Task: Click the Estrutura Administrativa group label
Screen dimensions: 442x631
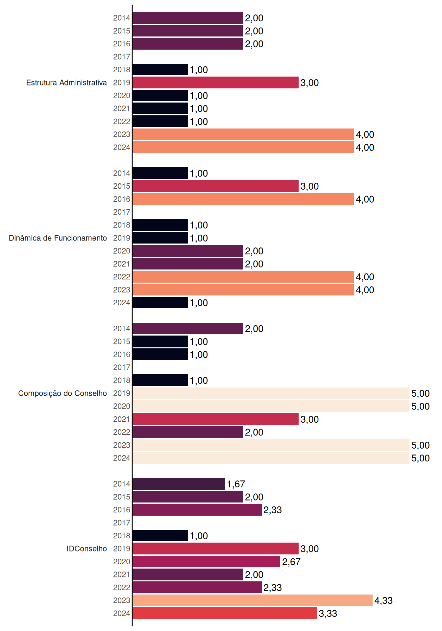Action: (66, 82)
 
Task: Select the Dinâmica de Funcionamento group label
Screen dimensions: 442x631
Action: (58, 238)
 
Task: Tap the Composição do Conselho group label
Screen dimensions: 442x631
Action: (62, 393)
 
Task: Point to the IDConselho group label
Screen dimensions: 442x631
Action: (87, 549)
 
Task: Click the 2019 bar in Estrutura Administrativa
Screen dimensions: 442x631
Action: (215, 82)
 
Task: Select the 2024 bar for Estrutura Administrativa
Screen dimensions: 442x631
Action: (243, 147)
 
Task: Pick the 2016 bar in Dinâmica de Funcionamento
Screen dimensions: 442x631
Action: (243, 199)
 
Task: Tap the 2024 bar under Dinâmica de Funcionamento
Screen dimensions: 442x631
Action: (160, 303)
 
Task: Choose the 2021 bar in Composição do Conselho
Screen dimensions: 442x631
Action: (215, 419)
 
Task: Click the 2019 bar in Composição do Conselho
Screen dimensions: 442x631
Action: (271, 393)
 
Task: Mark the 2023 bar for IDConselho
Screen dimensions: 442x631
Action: (253, 600)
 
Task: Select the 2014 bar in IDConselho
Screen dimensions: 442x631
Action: (179, 484)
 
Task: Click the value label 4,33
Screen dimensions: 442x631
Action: (383, 601)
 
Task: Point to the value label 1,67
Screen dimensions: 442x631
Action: (236, 484)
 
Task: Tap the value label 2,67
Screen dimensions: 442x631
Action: (291, 562)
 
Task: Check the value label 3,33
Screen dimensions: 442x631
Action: (328, 614)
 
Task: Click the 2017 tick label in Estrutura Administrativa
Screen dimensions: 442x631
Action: (122, 57)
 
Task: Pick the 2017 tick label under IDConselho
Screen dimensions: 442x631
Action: (122, 523)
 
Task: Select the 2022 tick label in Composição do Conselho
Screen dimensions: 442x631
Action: (122, 432)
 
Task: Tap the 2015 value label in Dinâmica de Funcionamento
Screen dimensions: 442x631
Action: (309, 186)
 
